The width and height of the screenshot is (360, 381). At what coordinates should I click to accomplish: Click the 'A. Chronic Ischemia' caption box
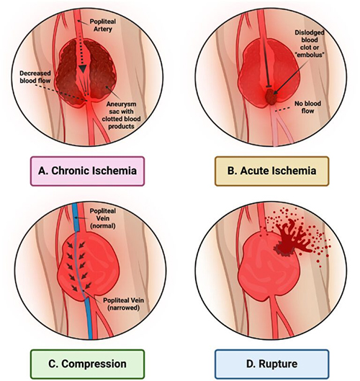pyautogui.click(x=87, y=171)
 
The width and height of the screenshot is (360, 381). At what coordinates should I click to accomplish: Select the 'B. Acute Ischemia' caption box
pyautogui.click(x=272, y=171)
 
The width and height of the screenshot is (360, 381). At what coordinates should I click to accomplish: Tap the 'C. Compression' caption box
pyautogui.click(x=87, y=364)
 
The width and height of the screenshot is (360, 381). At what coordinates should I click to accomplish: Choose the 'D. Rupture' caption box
pyautogui.click(x=272, y=364)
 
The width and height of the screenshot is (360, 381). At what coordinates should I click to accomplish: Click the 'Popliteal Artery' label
pyautogui.click(x=103, y=25)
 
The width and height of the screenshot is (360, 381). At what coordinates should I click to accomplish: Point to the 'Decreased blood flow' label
pyautogui.click(x=35, y=77)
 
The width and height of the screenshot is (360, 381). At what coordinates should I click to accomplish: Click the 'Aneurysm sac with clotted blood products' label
pyautogui.click(x=121, y=115)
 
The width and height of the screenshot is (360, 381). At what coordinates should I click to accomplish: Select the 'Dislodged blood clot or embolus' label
pyautogui.click(x=310, y=43)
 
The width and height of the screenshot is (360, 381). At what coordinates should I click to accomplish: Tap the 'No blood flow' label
pyautogui.click(x=307, y=107)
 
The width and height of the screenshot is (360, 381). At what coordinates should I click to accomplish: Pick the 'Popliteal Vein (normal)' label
pyautogui.click(x=103, y=218)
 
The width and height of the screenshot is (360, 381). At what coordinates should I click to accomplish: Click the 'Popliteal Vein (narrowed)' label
pyautogui.click(x=124, y=304)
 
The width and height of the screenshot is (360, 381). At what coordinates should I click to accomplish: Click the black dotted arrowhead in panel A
pyautogui.click(x=84, y=68)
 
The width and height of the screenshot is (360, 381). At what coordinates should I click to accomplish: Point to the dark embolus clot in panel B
pyautogui.click(x=270, y=97)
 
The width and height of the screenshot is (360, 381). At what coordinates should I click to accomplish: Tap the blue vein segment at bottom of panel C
pyautogui.click(x=88, y=318)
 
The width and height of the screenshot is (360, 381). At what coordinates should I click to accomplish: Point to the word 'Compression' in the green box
pyautogui.click(x=94, y=364)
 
